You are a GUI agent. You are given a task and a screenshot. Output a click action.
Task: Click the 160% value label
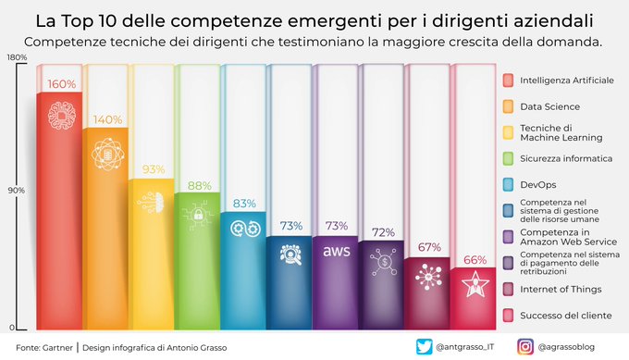pos(61,84)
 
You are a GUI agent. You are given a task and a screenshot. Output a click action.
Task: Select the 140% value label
pos(107,119)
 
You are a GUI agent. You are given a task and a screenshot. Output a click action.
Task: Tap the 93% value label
pos(154,169)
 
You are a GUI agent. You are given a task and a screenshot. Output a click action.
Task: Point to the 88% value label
pos(199,185)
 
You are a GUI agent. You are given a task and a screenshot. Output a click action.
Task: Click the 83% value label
pos(244,204)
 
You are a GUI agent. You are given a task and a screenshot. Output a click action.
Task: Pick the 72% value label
pos(383,231)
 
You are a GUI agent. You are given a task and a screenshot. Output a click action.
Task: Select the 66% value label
pos(475,260)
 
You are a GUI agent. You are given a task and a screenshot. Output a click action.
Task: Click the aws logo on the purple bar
pos(336,252)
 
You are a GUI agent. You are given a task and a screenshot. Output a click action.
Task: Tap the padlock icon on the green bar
pos(199,217)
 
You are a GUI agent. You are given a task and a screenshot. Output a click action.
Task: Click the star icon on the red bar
pos(475,285)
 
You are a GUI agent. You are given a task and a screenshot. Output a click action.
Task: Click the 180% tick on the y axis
pos(16,58)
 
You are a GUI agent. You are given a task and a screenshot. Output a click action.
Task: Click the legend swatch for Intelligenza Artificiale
pos(508,81)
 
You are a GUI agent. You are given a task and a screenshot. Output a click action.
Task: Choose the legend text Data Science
pos(543,106)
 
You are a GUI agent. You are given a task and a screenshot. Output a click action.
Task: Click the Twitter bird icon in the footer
pos(425,347)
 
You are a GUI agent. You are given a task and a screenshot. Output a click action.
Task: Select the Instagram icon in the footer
pos(524,347)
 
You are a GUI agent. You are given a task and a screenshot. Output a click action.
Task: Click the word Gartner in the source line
pos(57,347)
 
